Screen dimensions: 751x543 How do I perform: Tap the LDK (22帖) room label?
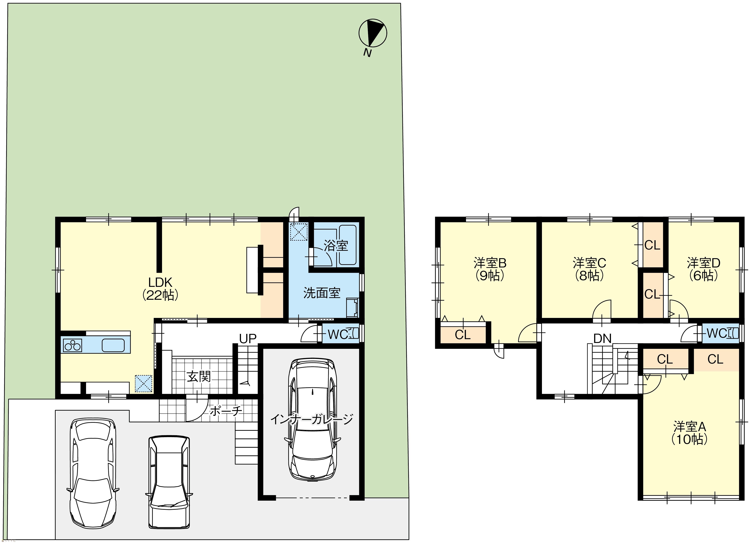tap(160, 288)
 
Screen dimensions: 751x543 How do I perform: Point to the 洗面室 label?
tap(322, 293)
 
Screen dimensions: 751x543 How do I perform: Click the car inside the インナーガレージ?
tap(313, 420)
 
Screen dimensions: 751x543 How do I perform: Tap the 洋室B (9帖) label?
tap(490, 269)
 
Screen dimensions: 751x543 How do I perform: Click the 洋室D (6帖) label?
tap(703, 269)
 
